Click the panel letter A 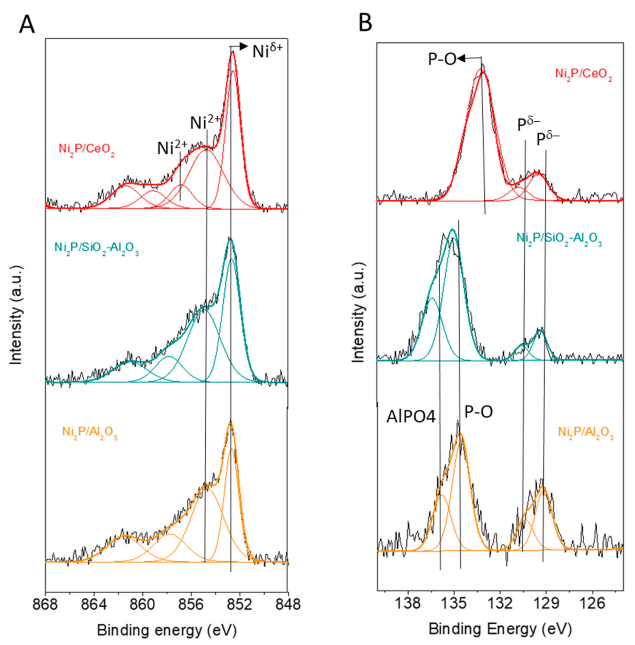tap(27, 24)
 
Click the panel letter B tap(365, 22)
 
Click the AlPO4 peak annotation tap(411, 417)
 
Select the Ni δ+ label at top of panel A tap(267, 51)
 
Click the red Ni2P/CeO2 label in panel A tap(87, 149)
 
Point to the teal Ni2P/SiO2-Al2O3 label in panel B tap(559, 239)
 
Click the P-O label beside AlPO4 tap(478, 412)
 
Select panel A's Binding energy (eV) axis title tap(167, 630)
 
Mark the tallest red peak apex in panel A tap(232, 52)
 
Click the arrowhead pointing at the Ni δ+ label tap(244, 46)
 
